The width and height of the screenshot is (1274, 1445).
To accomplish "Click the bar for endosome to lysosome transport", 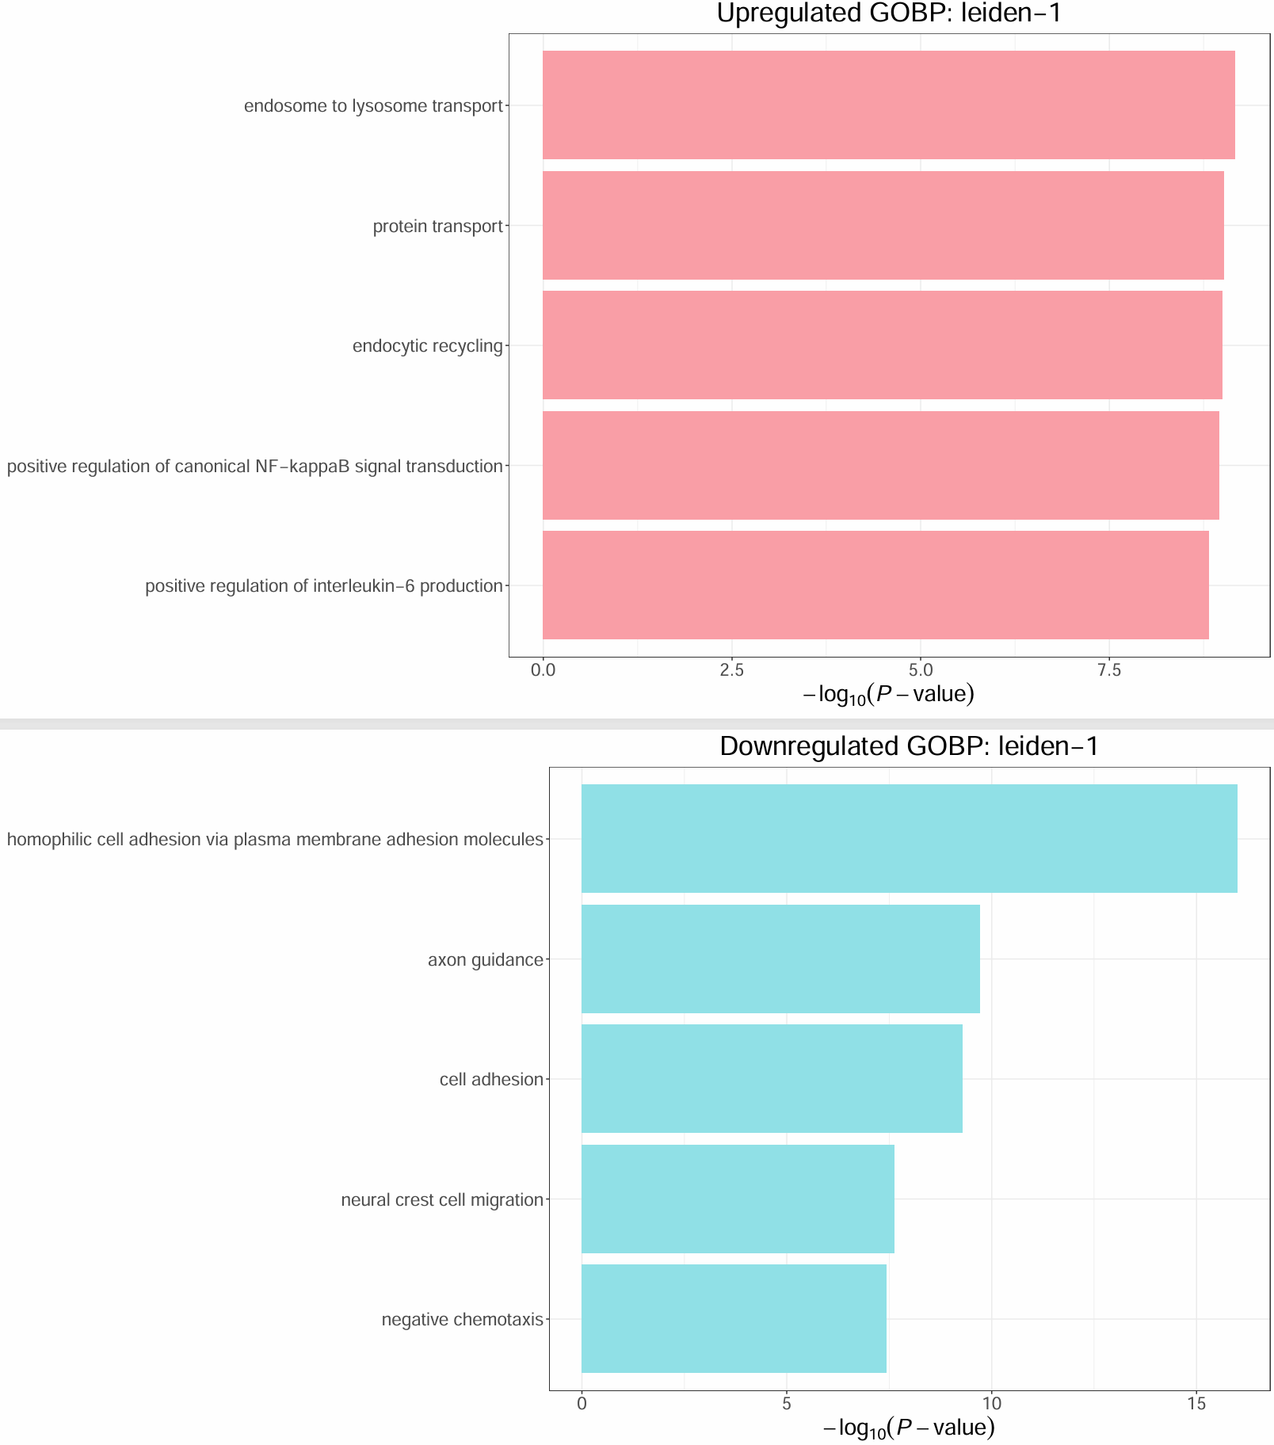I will pyautogui.click(x=888, y=105).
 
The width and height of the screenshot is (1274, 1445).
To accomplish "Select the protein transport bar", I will pyautogui.click(x=883, y=226).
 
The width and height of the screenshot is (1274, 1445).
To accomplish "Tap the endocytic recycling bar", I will pyautogui.click(x=882, y=345).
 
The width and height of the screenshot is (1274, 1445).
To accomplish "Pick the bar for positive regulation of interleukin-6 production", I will pyautogui.click(x=875, y=585).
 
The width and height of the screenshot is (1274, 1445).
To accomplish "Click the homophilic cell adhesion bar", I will pyautogui.click(x=909, y=839).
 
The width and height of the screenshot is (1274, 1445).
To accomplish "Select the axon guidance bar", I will pyautogui.click(x=780, y=959).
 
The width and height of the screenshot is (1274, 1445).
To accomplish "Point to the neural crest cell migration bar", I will pyautogui.click(x=738, y=1199).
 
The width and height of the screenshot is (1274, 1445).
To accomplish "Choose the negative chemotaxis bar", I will pyautogui.click(x=734, y=1319).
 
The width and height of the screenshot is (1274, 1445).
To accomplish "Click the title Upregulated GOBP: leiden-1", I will pyautogui.click(x=888, y=13).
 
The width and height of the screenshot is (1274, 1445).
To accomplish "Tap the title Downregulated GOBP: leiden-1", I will pyautogui.click(x=909, y=746).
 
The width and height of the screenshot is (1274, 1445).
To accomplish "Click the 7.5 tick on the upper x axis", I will pyautogui.click(x=1108, y=670).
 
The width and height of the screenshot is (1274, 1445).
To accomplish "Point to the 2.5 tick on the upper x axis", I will pyautogui.click(x=731, y=670).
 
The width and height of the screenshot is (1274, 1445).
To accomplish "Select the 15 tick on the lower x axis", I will pyautogui.click(x=1196, y=1404).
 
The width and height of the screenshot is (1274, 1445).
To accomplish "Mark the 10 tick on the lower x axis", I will pyautogui.click(x=991, y=1404).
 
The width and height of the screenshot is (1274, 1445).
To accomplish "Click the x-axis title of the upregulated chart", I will pyautogui.click(x=888, y=695).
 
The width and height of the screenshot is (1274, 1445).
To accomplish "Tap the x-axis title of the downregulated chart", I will pyautogui.click(x=909, y=1428).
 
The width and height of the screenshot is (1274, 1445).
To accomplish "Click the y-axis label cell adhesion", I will pyautogui.click(x=491, y=1080).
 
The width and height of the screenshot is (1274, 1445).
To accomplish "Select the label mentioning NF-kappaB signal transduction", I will pyautogui.click(x=255, y=467).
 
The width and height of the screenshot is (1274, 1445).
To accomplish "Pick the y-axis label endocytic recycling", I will pyautogui.click(x=428, y=346).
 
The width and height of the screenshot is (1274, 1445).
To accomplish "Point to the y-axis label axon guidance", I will pyautogui.click(x=486, y=960).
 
